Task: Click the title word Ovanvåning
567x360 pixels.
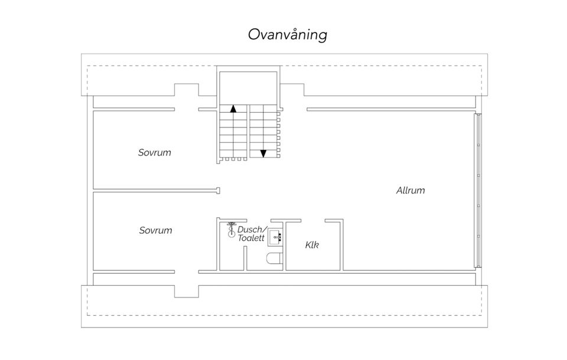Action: (288, 35)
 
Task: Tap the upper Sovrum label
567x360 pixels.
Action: (154, 152)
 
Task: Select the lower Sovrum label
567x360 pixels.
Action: (155, 230)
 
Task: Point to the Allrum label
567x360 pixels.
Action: (410, 191)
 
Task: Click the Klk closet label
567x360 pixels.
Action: (312, 245)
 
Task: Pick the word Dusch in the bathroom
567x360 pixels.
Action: (252, 230)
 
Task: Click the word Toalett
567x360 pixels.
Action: (251, 238)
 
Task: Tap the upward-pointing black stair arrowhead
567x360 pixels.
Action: (233, 109)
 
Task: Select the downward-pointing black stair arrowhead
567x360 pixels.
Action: (263, 153)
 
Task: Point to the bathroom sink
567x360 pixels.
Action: (275, 237)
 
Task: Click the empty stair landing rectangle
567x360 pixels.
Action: (248, 88)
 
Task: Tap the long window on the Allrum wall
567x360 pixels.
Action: (478, 191)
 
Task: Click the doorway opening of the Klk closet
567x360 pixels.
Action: (313, 221)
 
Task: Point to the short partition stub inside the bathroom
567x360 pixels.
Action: (245, 258)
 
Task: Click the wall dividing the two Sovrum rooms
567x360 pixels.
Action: (156, 191)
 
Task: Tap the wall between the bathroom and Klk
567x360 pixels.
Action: (285, 246)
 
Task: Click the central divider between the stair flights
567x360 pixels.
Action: (249, 131)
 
